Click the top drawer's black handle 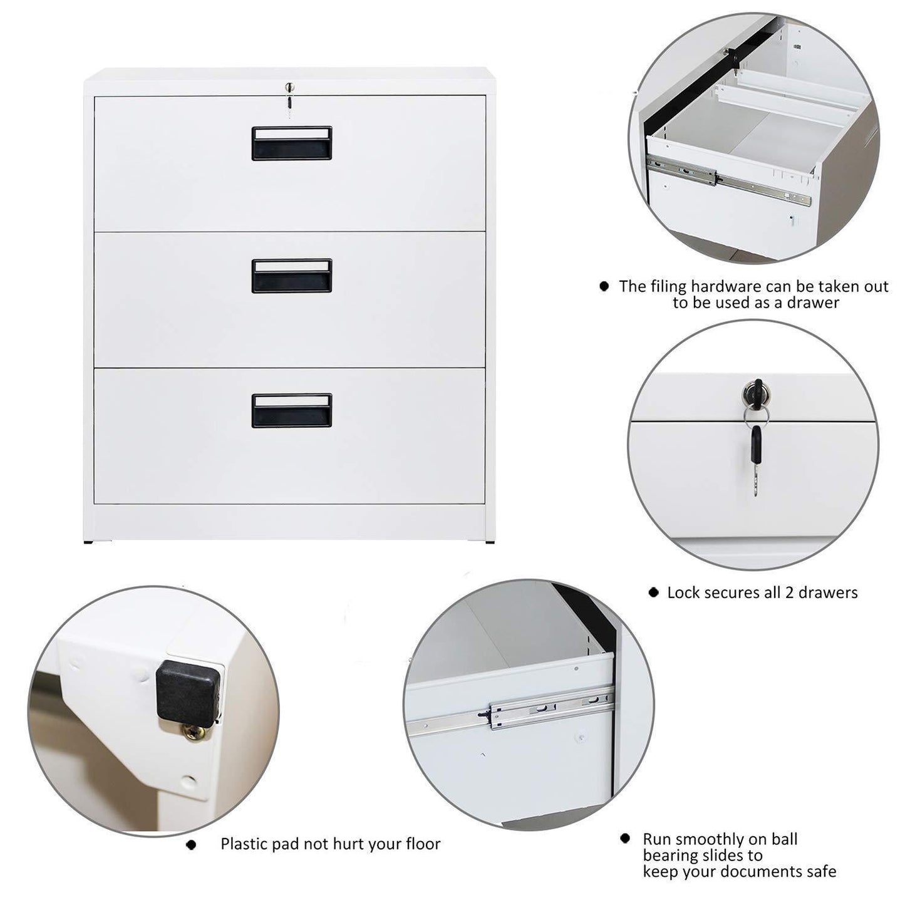(292, 143)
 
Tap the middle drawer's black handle (292, 276)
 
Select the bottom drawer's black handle (292, 410)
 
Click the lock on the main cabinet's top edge (289, 87)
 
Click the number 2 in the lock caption (790, 592)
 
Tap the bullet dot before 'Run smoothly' (624, 838)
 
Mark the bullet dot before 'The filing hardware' (604, 286)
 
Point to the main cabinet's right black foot (490, 542)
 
